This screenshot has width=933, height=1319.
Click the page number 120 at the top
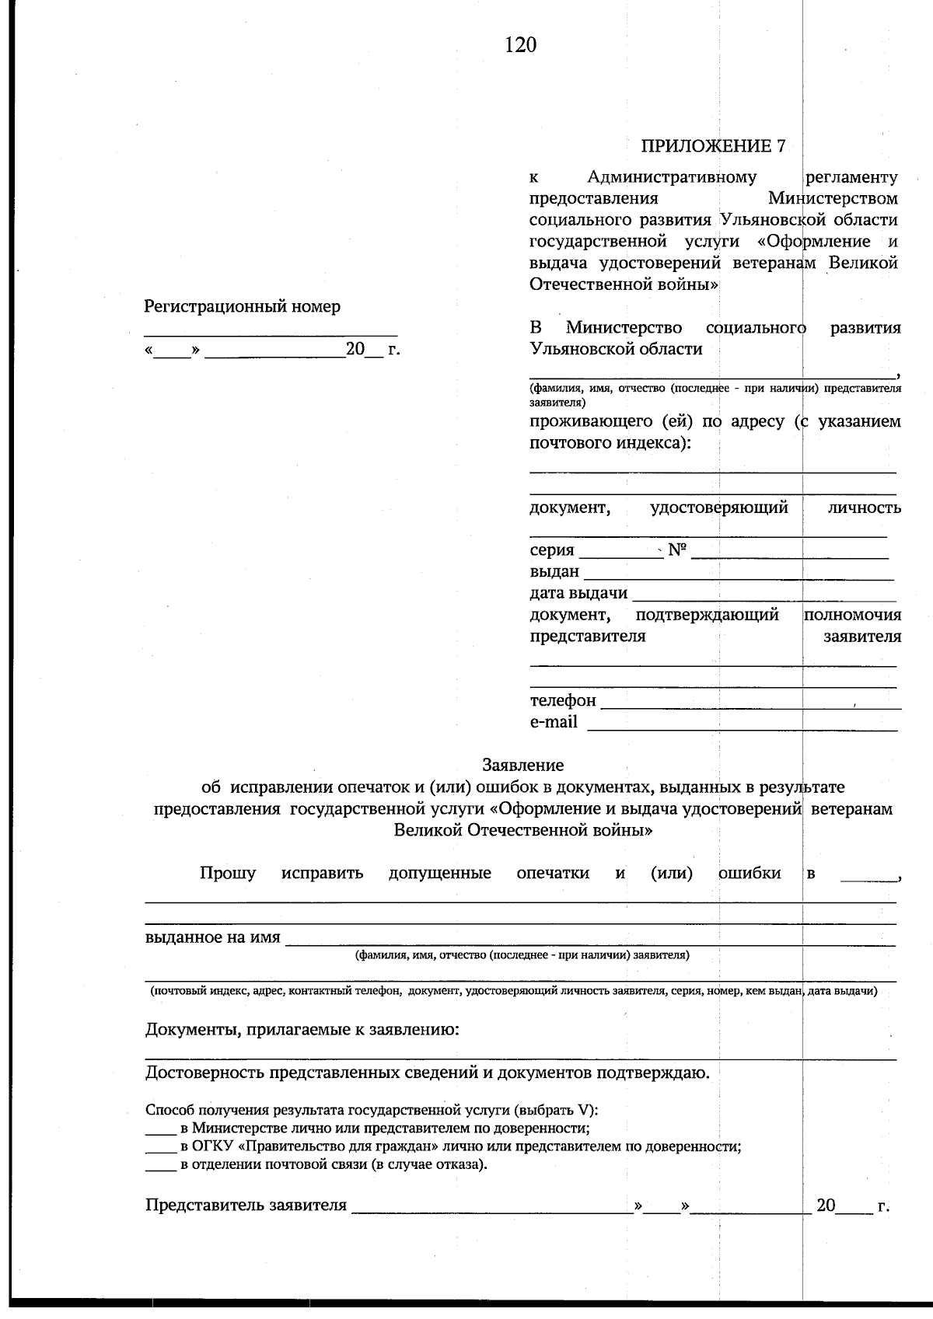tap(520, 45)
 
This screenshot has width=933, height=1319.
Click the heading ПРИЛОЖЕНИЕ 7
tap(712, 146)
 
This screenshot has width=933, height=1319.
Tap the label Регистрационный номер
tap(242, 306)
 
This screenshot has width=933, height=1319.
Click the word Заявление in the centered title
tap(522, 765)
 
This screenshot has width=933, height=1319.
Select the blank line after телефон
tap(750, 704)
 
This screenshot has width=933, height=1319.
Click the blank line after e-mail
tap(742, 726)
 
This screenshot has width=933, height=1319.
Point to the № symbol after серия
tap(677, 550)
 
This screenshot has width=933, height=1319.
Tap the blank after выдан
tap(738, 575)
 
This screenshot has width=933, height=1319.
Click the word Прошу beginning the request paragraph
tap(227, 873)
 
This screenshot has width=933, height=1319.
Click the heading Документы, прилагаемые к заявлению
tap(302, 1030)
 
